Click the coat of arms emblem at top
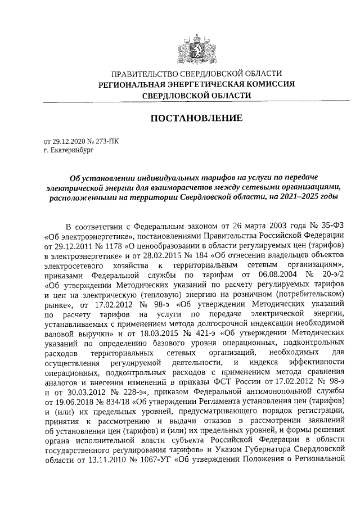tap(196, 47)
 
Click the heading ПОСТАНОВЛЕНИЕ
tap(196, 118)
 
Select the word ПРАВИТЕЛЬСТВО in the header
tap(142, 74)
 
